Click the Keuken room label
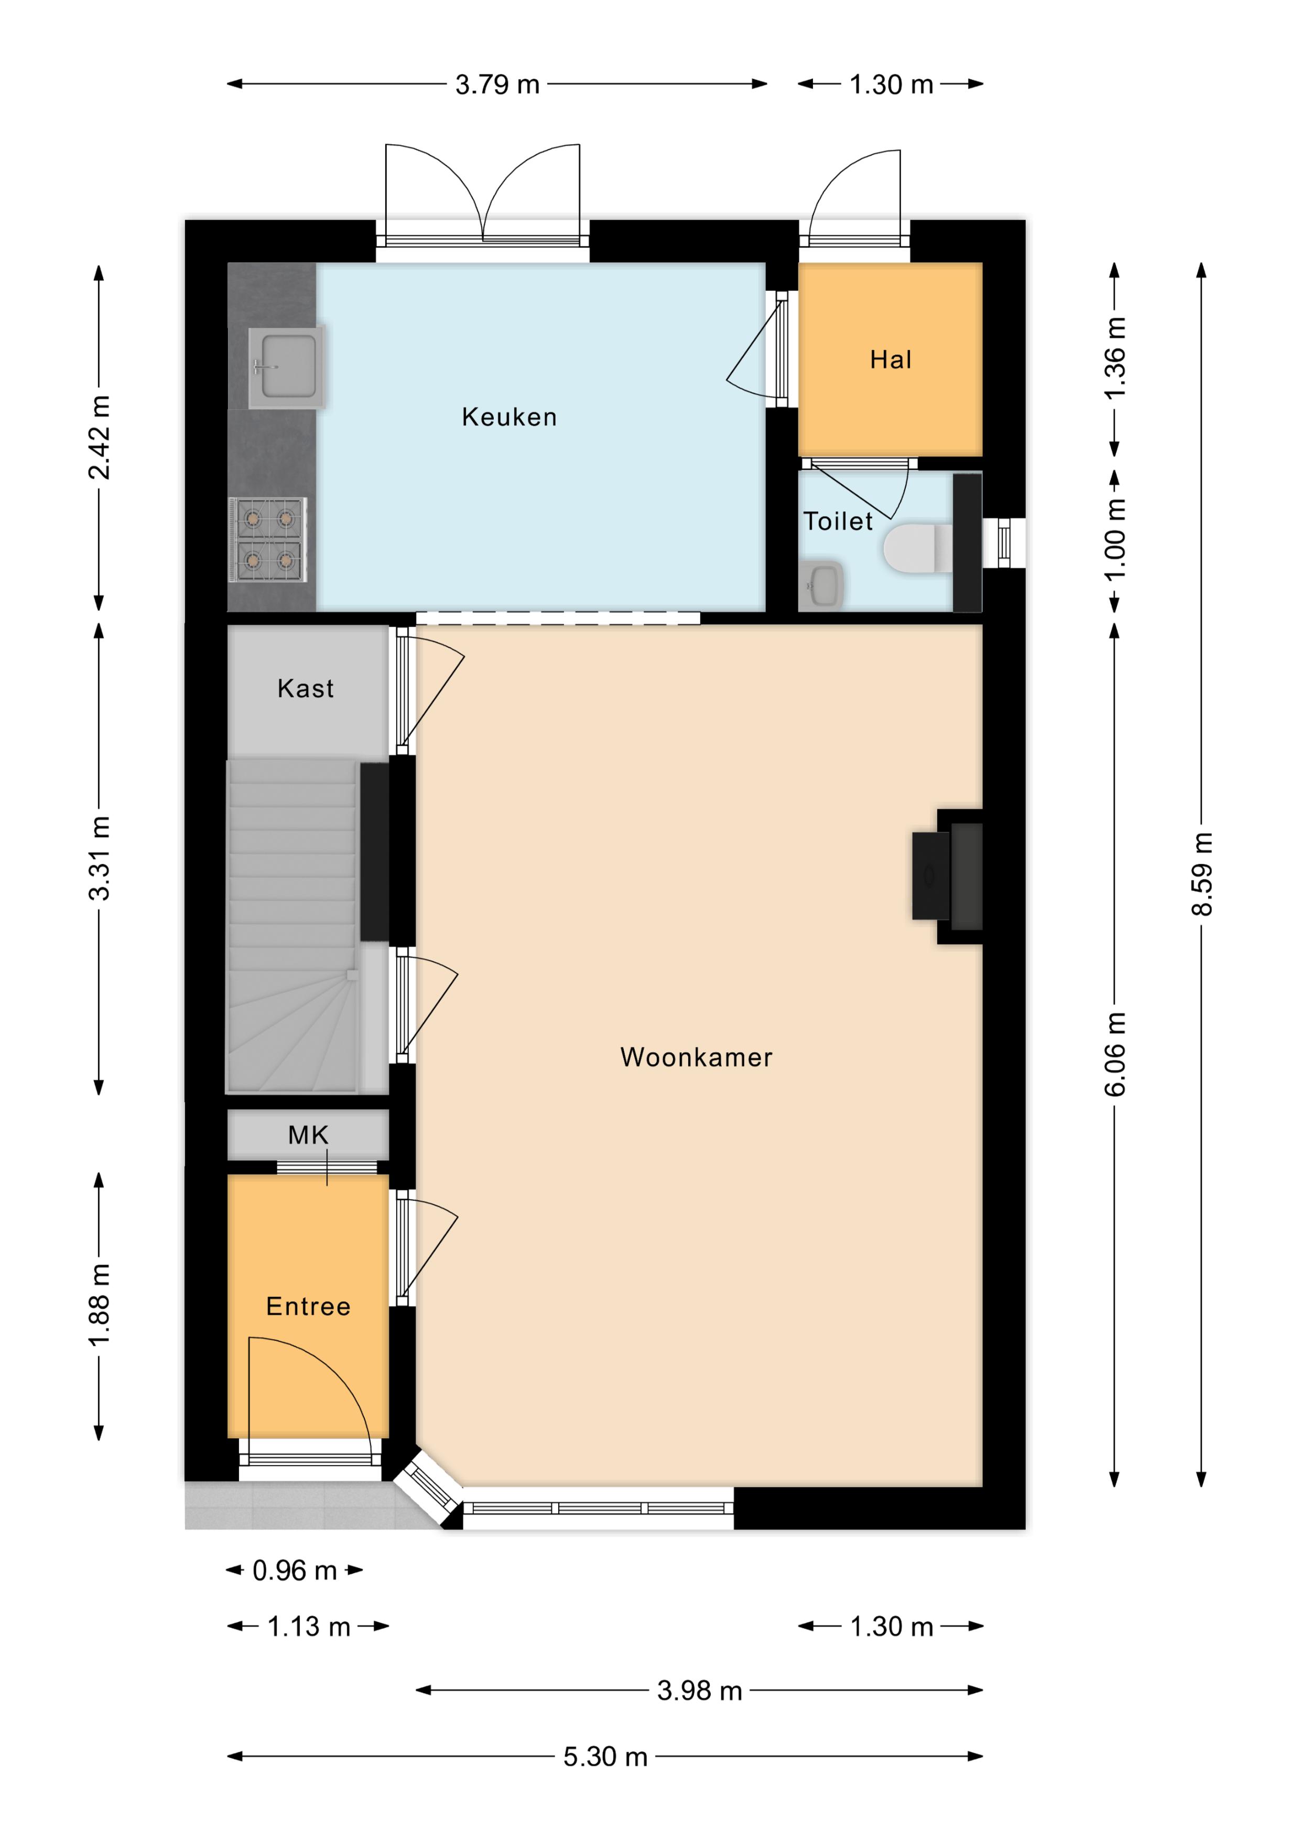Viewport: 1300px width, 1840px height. pyautogui.click(x=510, y=416)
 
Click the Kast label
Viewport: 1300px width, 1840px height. pyautogui.click(x=305, y=688)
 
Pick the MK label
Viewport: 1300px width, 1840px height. pyautogui.click(x=308, y=1135)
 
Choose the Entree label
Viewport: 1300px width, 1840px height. pyautogui.click(x=308, y=1306)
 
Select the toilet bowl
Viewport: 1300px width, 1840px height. pyautogui.click(x=918, y=548)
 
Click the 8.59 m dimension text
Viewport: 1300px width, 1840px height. pyautogui.click(x=1201, y=873)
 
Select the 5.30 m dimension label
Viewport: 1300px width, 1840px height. pyautogui.click(x=605, y=1757)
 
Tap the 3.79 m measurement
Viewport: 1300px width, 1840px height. pyautogui.click(x=497, y=84)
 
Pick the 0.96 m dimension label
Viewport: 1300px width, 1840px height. pyautogui.click(x=294, y=1570)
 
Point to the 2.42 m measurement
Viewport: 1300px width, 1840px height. pyautogui.click(x=99, y=437)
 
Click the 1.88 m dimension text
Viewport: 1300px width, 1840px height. pyautogui.click(x=99, y=1306)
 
